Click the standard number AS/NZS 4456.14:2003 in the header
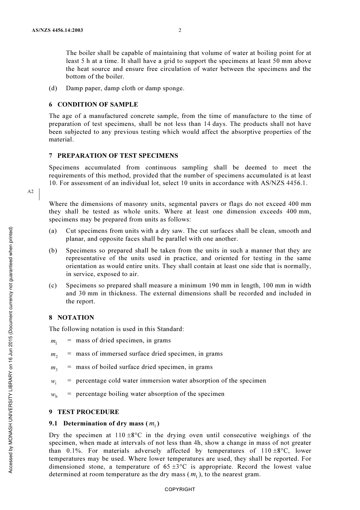(58, 30)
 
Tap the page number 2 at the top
(180, 30)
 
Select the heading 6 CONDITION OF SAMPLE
(93, 104)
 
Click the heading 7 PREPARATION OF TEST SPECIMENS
(113, 155)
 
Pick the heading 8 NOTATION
(71, 317)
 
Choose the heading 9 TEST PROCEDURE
(84, 412)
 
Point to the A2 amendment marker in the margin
(30, 191)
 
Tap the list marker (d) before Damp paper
(53, 88)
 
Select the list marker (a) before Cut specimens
(53, 231)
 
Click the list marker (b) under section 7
(53, 251)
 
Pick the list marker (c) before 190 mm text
(53, 286)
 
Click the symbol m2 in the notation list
(54, 355)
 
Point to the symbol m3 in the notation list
(54, 368)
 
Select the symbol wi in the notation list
(54, 381)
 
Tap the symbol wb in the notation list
(54, 395)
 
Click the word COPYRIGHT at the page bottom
(180, 490)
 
